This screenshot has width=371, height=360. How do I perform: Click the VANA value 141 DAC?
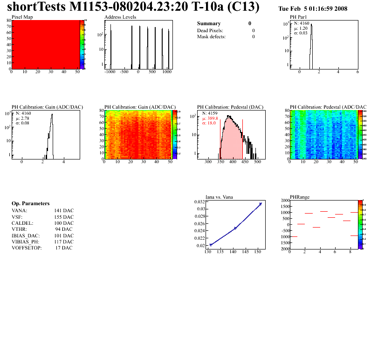click(64, 211)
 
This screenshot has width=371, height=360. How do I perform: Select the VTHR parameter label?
click(19, 229)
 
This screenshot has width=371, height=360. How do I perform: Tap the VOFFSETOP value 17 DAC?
click(64, 248)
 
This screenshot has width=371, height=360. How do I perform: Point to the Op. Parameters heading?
click(30, 204)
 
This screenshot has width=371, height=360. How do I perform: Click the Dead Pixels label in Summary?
click(213, 30)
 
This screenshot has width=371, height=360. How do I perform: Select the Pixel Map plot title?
click(22, 17)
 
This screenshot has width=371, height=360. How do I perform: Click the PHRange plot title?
click(299, 196)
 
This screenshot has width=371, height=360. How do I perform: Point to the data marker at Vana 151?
click(261, 204)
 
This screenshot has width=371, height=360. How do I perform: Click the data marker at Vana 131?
click(211, 245)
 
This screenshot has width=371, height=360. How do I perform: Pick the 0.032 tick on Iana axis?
click(200, 201)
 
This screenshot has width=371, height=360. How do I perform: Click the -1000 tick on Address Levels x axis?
click(110, 72)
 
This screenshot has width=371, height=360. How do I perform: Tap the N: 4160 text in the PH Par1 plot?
click(301, 23)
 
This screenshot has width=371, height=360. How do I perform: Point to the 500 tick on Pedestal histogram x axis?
click(256, 164)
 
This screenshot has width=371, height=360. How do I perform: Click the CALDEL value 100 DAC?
click(64, 223)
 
